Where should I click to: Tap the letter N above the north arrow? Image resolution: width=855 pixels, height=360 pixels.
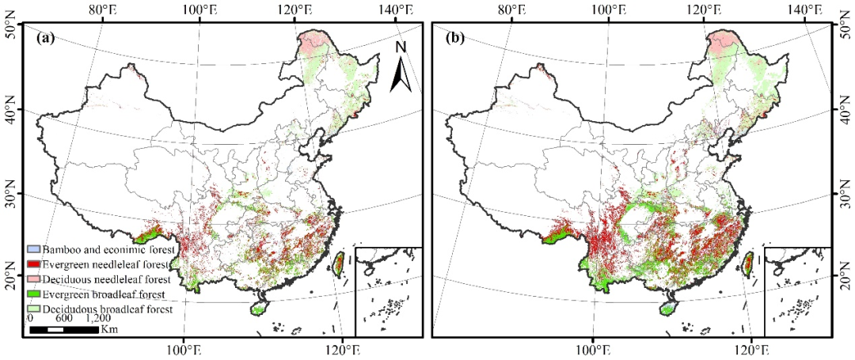point(401,47)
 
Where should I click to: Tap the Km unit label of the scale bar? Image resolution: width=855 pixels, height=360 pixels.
point(109,328)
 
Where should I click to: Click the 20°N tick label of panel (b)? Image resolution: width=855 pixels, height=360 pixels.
point(845,281)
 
